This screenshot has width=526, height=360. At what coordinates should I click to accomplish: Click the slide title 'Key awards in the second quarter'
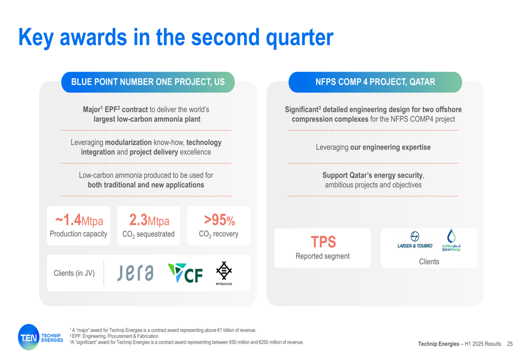click(x=176, y=37)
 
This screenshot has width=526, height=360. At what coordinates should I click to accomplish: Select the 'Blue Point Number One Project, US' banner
click(x=148, y=82)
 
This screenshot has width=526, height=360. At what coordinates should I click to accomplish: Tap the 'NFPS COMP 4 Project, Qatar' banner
click(x=375, y=82)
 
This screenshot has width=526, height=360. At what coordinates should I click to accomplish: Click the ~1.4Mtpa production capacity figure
click(x=79, y=220)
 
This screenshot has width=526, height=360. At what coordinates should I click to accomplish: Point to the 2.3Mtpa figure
click(x=149, y=220)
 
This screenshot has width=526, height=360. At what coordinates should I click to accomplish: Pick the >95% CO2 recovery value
click(x=219, y=220)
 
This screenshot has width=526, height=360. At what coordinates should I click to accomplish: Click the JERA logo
click(x=135, y=273)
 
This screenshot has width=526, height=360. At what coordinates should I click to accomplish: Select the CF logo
click(x=185, y=273)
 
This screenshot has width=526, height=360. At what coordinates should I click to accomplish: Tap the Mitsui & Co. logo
click(x=224, y=273)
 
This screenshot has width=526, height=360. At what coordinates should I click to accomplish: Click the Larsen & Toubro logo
click(x=415, y=240)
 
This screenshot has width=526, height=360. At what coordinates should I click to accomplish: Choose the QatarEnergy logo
click(x=451, y=240)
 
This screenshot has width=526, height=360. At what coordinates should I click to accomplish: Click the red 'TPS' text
click(x=323, y=242)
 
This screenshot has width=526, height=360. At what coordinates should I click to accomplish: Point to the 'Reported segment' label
click(x=322, y=256)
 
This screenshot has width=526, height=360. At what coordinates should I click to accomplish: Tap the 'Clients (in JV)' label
click(x=74, y=273)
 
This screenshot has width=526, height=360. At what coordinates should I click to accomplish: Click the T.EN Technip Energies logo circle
click(x=29, y=337)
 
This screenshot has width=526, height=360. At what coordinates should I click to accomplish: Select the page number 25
click(x=510, y=344)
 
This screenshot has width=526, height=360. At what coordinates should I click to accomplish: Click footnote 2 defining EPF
click(x=114, y=336)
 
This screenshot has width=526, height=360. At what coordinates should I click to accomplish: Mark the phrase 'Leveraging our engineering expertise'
click(x=373, y=147)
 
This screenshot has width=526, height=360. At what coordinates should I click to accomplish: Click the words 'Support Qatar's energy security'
click(x=372, y=176)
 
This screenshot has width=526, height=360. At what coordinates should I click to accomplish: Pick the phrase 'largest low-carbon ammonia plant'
click(x=147, y=119)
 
